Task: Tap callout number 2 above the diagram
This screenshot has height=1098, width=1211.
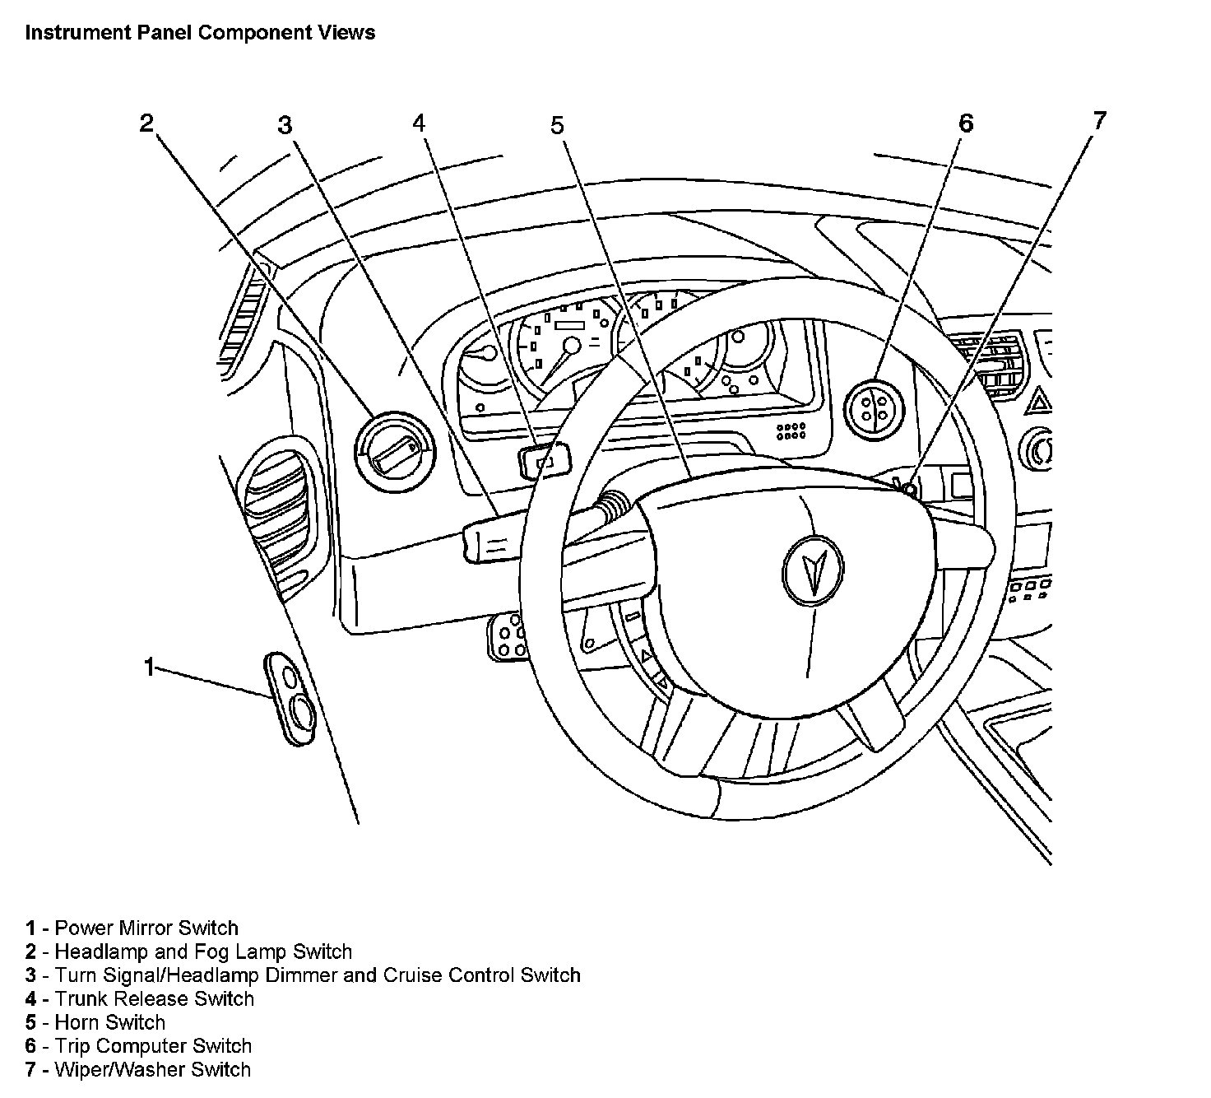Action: (x=146, y=123)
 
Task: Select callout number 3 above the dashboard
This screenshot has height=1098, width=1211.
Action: (x=285, y=125)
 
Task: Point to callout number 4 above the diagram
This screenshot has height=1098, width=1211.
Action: (x=420, y=123)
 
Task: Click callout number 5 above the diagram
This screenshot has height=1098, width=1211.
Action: (x=558, y=125)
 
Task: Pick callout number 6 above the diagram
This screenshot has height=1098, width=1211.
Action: (x=966, y=123)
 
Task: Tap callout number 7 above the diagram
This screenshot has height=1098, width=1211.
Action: (x=1100, y=121)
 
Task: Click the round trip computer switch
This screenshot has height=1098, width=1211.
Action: (x=874, y=408)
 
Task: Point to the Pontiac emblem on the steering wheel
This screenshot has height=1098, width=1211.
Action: (x=813, y=570)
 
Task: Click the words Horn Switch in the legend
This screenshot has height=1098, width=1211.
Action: (x=109, y=1022)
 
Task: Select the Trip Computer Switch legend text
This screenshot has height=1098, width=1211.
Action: (x=152, y=1046)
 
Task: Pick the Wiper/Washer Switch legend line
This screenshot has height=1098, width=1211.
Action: (x=152, y=1070)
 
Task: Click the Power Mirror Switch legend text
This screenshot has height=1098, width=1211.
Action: (x=146, y=928)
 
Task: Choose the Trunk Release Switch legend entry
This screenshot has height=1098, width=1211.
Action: (x=154, y=999)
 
